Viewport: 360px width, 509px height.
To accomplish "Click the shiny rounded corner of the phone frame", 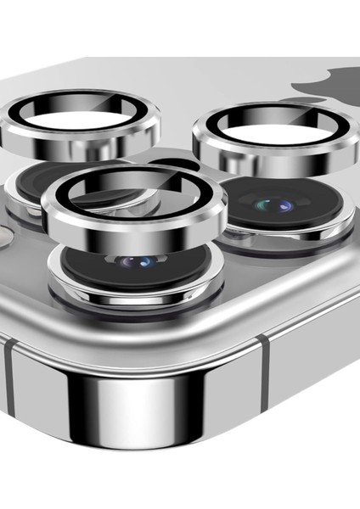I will [140, 399].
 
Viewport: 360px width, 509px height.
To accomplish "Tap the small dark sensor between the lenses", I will [178, 163].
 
